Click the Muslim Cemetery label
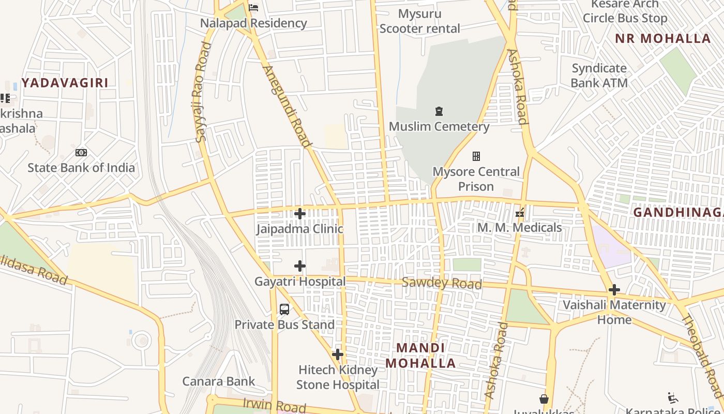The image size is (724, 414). click(x=439, y=126)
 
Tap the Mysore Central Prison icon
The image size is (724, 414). click(x=476, y=156)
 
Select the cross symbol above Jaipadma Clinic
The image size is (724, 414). click(x=299, y=213)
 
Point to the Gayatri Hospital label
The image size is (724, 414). click(x=300, y=282)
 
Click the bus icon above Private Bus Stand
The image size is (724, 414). click(x=284, y=309)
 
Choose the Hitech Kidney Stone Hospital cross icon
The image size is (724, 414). click(x=338, y=354)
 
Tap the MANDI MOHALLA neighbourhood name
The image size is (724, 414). click(x=420, y=356)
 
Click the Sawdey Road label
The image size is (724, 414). click(x=442, y=283)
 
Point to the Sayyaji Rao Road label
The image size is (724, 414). click(x=203, y=92)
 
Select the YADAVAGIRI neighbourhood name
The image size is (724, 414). click(x=65, y=83)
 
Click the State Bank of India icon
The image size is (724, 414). click(x=81, y=153)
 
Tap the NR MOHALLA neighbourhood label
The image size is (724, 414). click(x=662, y=38)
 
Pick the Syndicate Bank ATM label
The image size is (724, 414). click(x=599, y=76)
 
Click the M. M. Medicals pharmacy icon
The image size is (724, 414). click(x=520, y=212)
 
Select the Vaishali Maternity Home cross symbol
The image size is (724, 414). click(x=614, y=290)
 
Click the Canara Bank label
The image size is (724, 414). click(x=218, y=381)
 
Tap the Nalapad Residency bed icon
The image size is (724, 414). click(x=253, y=7)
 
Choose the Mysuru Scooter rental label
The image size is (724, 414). click(x=419, y=21)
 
